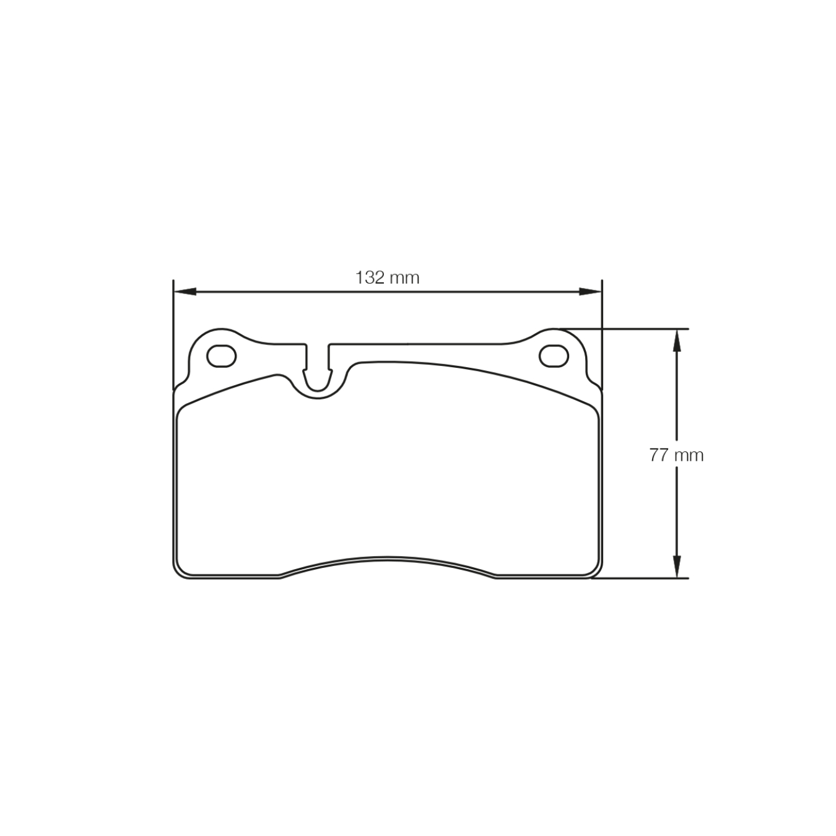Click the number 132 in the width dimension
(370, 277)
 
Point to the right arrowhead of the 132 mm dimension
(591, 291)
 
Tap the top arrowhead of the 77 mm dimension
(677, 339)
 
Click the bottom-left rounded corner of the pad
(180, 571)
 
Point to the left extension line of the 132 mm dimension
(173, 334)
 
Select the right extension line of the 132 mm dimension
(602, 334)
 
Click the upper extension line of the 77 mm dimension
(625, 328)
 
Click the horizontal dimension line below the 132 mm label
(387, 291)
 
